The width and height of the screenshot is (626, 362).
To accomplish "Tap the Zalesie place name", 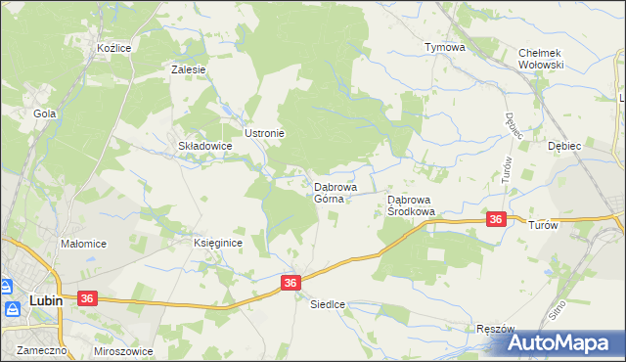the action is pos(188,69).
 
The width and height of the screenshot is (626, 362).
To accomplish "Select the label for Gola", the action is pos(44,113).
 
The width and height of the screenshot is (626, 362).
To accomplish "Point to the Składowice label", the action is pos(203,146).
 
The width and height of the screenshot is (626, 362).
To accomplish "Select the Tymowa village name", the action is pos(444,47).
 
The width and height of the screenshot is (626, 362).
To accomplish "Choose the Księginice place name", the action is pos(217,243).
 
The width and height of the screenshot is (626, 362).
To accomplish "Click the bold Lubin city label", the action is pos(46,301).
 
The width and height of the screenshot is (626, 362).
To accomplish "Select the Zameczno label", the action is pos(35,349).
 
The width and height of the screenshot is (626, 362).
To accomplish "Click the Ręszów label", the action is pos(495,330).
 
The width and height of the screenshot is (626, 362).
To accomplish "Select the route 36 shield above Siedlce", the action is pos(290,282).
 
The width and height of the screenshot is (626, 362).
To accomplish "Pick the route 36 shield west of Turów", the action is pos(496,220).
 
